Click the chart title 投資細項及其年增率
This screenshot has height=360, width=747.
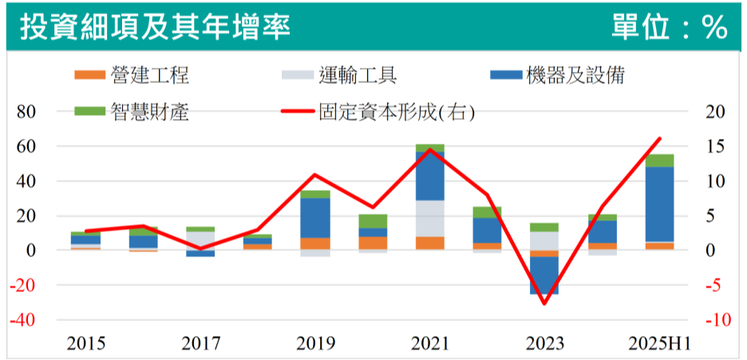coord(155,26)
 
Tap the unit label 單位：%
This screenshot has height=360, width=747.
coord(670,27)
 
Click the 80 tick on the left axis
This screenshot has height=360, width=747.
coord(28,112)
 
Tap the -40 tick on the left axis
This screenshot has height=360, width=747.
coord(26,320)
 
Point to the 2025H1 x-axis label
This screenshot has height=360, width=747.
coord(659,344)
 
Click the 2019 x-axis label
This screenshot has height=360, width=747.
coord(315,344)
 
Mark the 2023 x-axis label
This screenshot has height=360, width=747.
coord(544,344)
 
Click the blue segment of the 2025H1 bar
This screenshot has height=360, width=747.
coord(660,204)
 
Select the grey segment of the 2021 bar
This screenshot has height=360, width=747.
coord(430,218)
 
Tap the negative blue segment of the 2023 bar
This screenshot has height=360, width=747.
coord(544,275)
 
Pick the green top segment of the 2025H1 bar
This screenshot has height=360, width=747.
coord(660,160)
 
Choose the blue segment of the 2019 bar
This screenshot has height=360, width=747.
coord(315,217)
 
